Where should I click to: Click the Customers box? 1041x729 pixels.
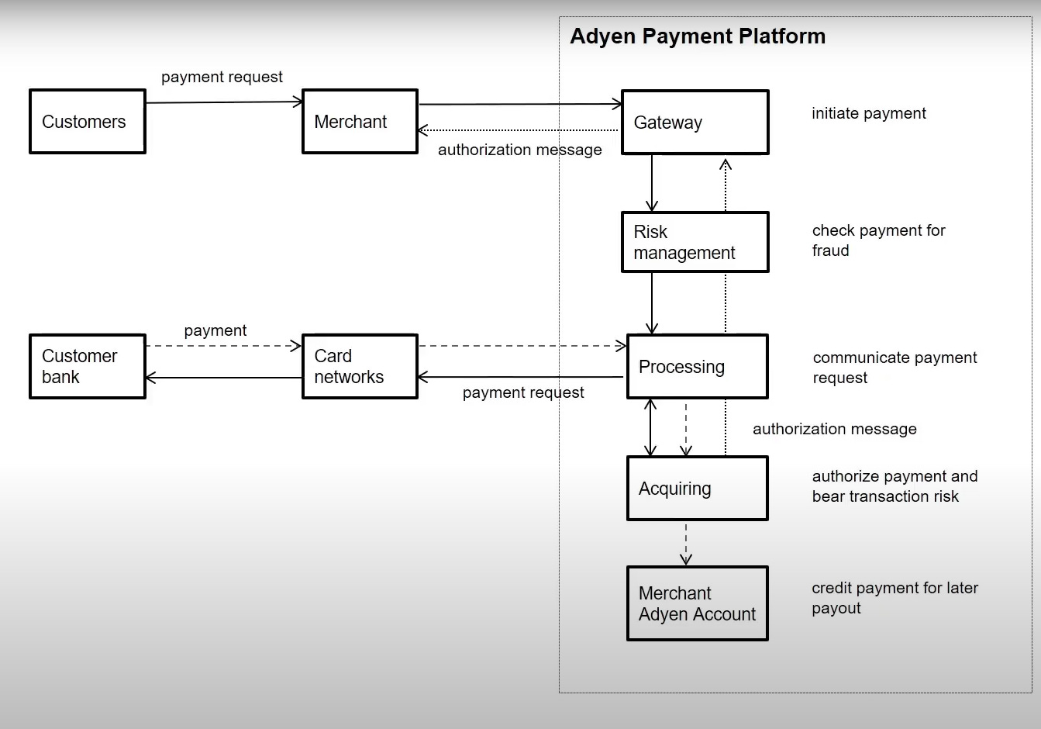pyautogui.click(x=88, y=122)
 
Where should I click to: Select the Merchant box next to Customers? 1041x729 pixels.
pyautogui.click(x=360, y=122)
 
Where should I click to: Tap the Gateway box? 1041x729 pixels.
pyautogui.click(x=695, y=123)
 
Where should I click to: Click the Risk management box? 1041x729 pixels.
pyautogui.click(x=695, y=242)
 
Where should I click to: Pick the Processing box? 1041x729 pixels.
pyautogui.click(x=697, y=367)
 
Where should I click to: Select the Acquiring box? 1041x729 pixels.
pyautogui.click(x=697, y=489)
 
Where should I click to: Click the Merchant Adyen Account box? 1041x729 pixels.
pyautogui.click(x=697, y=603)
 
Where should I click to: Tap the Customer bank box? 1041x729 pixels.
pyautogui.click(x=88, y=367)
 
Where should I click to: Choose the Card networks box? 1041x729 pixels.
pyautogui.click(x=360, y=367)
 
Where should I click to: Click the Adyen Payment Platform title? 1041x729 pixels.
pyautogui.click(x=698, y=36)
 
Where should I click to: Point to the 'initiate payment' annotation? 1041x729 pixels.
pyautogui.click(x=868, y=113)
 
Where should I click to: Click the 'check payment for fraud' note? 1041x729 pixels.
pyautogui.click(x=878, y=240)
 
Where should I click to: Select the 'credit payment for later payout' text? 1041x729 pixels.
pyautogui.click(x=895, y=598)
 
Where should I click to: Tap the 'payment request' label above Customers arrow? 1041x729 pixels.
pyautogui.click(x=222, y=77)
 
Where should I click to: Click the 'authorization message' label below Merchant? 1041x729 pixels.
pyautogui.click(x=519, y=150)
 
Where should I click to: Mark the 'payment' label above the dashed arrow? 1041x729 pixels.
pyautogui.click(x=215, y=330)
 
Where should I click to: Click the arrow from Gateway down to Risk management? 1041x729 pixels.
pyautogui.click(x=652, y=183)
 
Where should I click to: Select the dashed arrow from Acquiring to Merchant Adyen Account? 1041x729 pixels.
pyautogui.click(x=685, y=543)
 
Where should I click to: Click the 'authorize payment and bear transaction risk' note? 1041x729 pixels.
pyautogui.click(x=895, y=486)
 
